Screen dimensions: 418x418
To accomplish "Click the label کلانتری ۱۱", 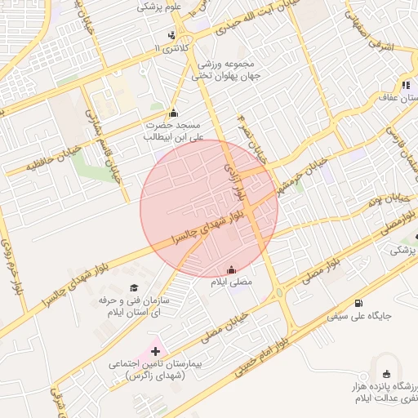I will (171, 49).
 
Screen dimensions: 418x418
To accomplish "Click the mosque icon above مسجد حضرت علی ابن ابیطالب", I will (172, 113).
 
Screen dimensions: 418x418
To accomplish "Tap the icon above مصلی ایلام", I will (231, 269).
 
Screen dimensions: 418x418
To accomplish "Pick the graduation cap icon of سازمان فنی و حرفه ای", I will (134, 287).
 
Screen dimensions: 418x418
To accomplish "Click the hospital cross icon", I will (156, 350).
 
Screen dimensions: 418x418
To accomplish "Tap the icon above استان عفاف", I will (405, 85).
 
